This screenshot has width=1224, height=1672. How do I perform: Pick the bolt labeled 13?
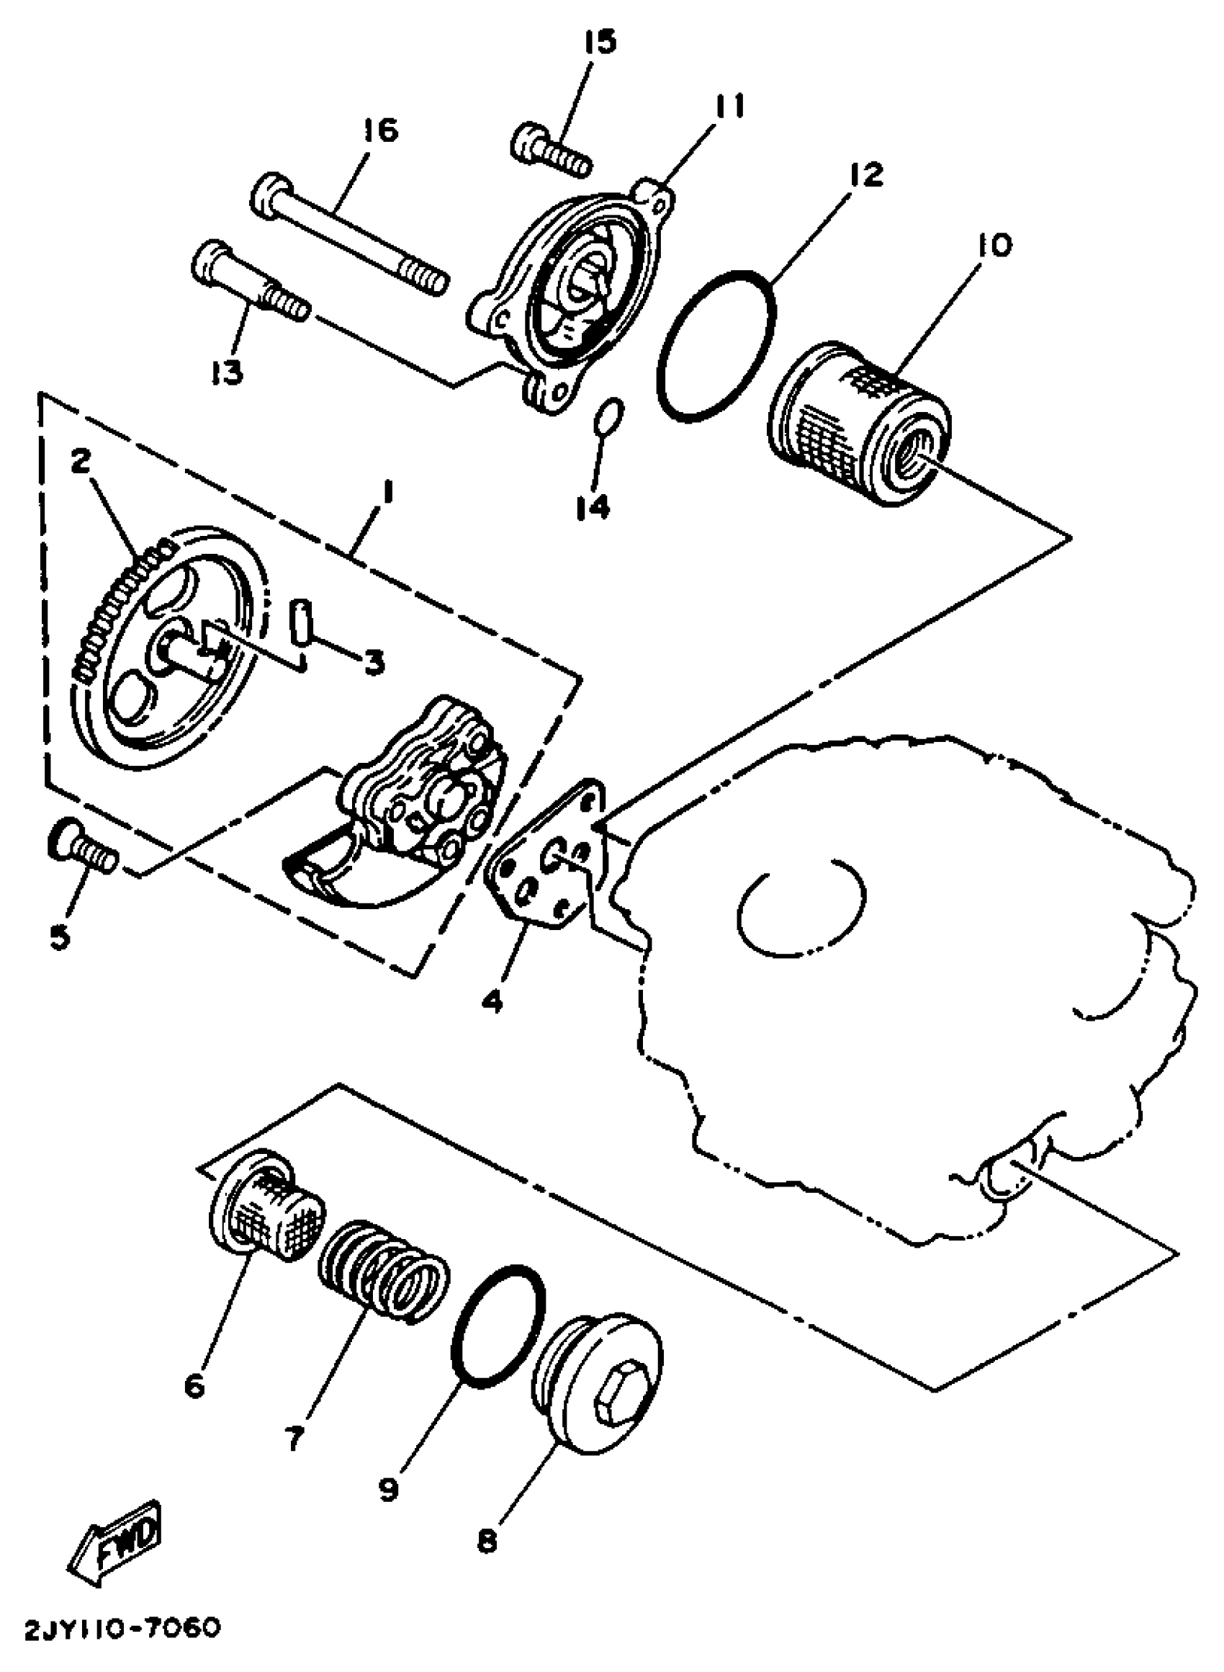click(x=249, y=282)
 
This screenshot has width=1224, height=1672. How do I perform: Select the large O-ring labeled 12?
click(x=717, y=345)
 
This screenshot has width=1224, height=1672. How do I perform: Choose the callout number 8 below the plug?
click(x=487, y=1542)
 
